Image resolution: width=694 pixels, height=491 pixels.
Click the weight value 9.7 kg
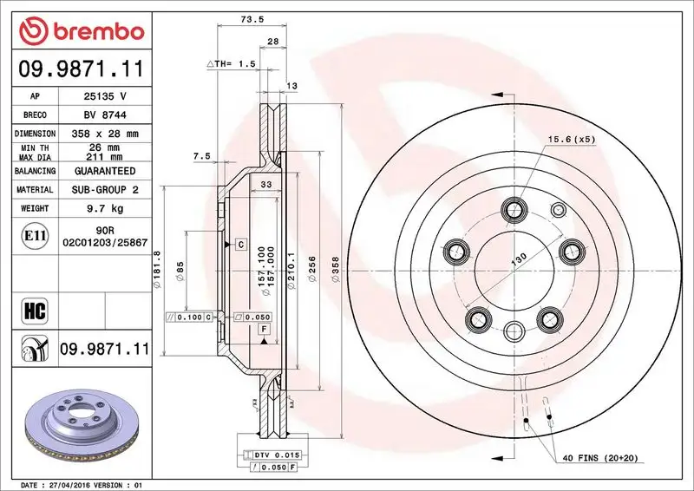(x=102, y=208)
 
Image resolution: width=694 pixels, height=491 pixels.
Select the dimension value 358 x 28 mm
(x=102, y=134)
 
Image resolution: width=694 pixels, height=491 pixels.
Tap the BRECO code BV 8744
(x=102, y=115)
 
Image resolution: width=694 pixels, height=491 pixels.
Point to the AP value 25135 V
(x=102, y=95)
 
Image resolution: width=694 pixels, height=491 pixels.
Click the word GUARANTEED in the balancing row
(x=102, y=171)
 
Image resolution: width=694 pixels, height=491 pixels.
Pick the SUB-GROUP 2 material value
(x=102, y=189)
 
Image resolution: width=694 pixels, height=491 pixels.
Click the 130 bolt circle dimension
(x=519, y=259)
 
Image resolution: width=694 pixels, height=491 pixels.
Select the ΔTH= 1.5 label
(x=231, y=64)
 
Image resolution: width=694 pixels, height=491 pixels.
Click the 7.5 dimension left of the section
(x=201, y=156)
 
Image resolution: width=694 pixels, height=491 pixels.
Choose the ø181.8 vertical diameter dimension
(x=157, y=269)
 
